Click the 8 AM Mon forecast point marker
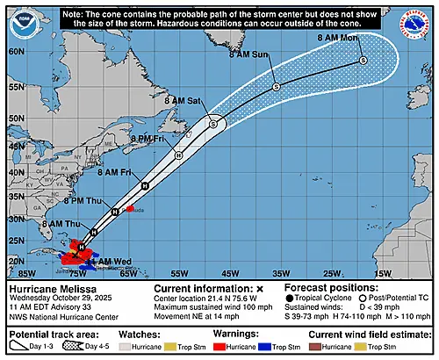coord(363,61)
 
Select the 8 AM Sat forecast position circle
coord(213,124)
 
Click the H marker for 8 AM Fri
coord(145,185)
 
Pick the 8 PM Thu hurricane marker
coord(115,212)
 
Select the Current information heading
coord(202,288)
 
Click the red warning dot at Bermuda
coord(130,209)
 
